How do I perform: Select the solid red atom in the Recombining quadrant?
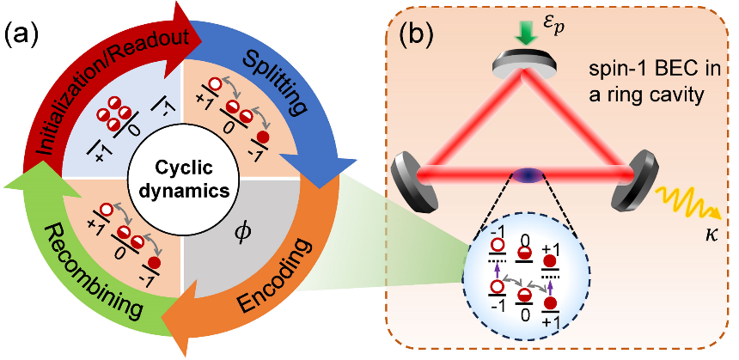[155, 262]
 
